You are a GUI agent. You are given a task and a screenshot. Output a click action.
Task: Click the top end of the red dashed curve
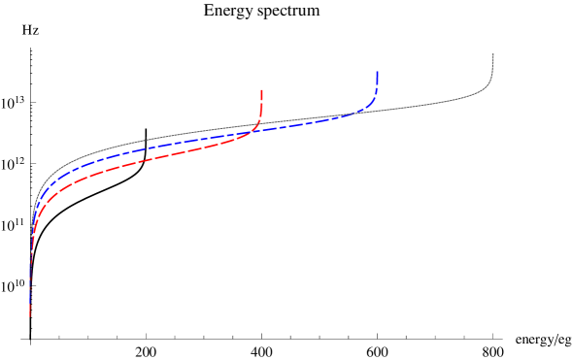(262, 89)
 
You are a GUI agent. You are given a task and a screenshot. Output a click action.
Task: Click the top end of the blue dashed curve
(377, 72)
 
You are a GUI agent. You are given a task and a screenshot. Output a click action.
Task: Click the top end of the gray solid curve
(493, 54)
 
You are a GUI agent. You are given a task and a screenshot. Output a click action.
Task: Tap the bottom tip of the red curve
(30, 316)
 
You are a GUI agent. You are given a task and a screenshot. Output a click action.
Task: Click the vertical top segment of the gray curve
(493, 68)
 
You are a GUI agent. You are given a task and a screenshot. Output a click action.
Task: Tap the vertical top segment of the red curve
(262, 101)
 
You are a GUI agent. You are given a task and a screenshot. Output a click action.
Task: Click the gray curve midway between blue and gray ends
(432, 103)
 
